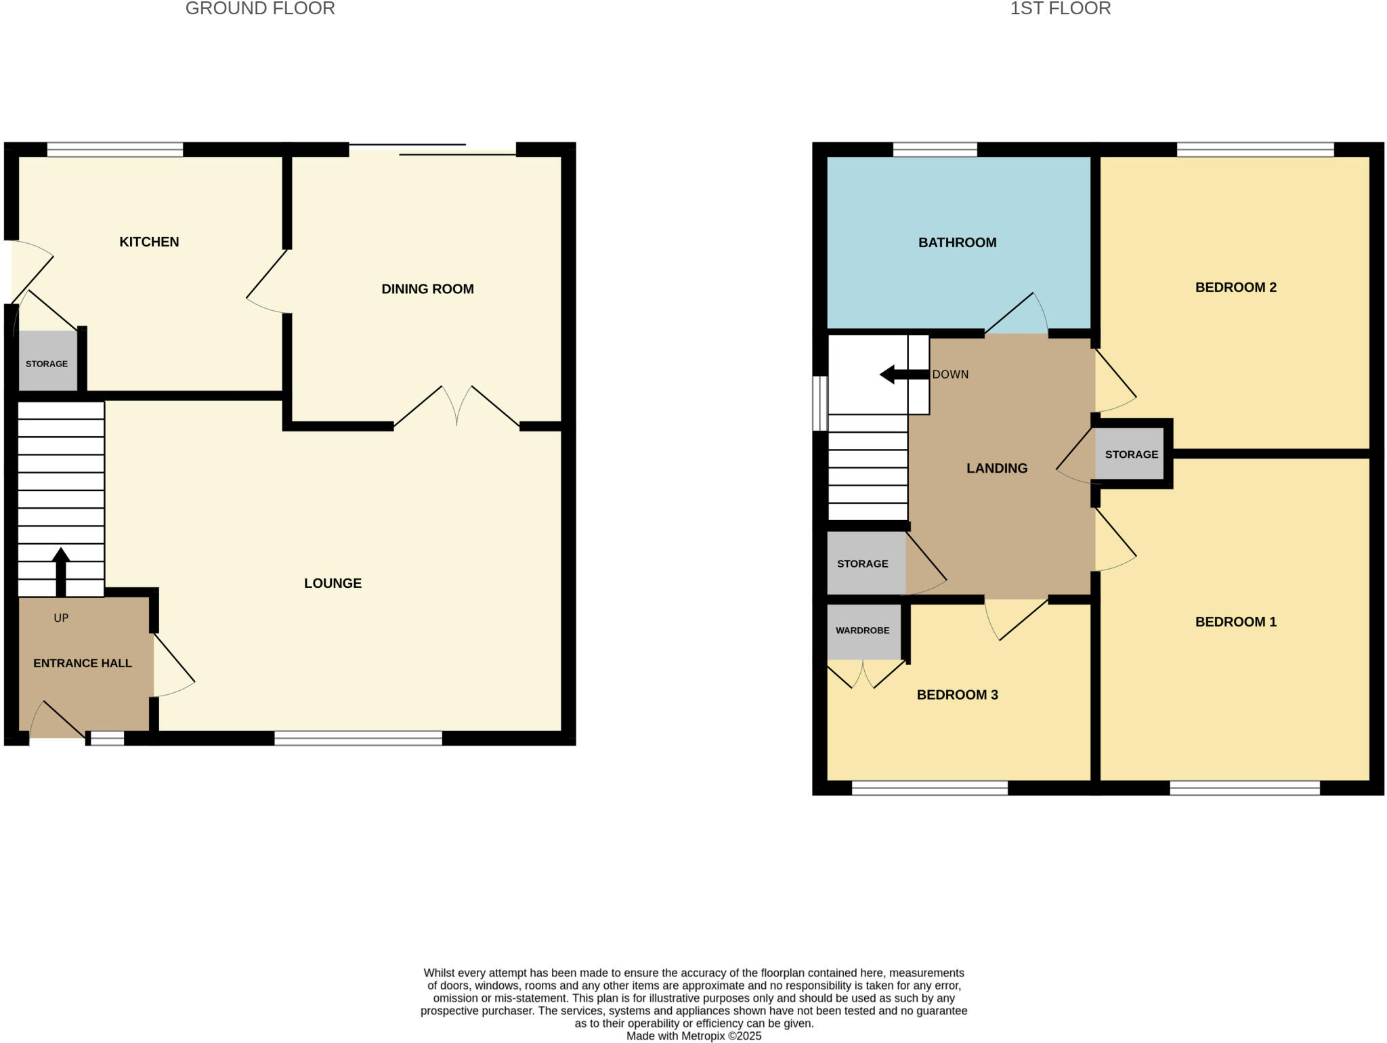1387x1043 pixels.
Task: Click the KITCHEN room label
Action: pyautogui.click(x=149, y=242)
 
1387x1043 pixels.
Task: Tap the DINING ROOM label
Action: pyautogui.click(x=427, y=289)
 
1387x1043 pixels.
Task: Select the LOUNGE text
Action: pyautogui.click(x=333, y=583)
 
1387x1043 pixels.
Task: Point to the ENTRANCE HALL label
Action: pyautogui.click(x=83, y=663)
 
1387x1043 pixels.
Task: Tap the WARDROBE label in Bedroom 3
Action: pyautogui.click(x=862, y=631)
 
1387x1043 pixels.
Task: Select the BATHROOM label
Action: pyautogui.click(x=957, y=242)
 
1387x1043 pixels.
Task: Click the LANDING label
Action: pyautogui.click(x=996, y=468)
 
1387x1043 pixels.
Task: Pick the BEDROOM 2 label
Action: pyautogui.click(x=1235, y=287)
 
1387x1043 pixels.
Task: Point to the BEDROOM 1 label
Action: pyautogui.click(x=1235, y=622)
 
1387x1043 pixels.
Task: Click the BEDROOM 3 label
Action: pyautogui.click(x=957, y=695)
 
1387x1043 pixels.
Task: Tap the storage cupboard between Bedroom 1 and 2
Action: pyautogui.click(x=1131, y=454)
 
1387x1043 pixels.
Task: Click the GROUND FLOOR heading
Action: pyautogui.click(x=260, y=9)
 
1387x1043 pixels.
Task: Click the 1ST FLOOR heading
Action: pyautogui.click(x=1060, y=9)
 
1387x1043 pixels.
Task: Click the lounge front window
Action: pyautogui.click(x=358, y=738)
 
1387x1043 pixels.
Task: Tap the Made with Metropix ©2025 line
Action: pyautogui.click(x=693, y=1036)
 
